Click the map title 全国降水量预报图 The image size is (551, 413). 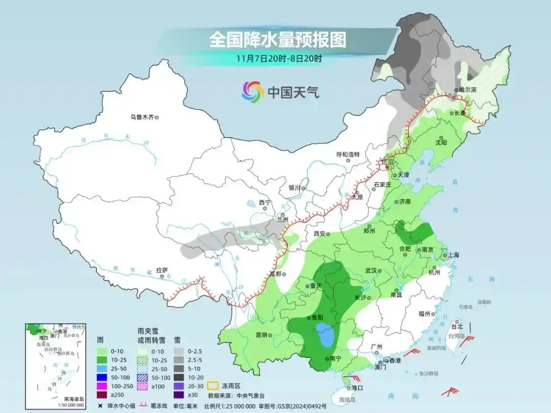coord(278,39)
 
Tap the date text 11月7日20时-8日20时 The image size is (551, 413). coord(279,58)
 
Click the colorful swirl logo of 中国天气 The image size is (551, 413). coord(253,92)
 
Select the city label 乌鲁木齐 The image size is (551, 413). coord(141,117)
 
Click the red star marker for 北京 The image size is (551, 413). coord(387,167)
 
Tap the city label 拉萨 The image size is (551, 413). coord(161,270)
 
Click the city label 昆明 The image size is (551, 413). coord(261,335)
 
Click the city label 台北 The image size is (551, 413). coord(456,326)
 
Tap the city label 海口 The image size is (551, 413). coord(356,388)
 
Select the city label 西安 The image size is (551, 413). coord(319,234)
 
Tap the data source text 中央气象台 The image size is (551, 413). coord(250,395)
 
